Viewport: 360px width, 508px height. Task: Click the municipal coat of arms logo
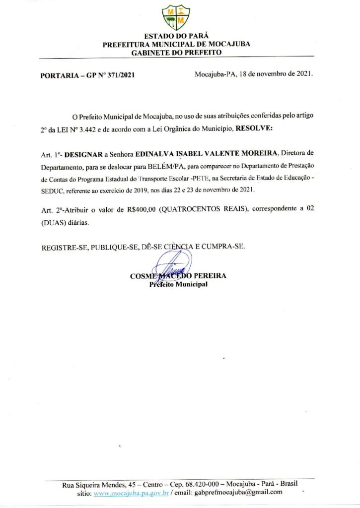[176, 17]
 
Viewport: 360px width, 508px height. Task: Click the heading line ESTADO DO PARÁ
[176, 36]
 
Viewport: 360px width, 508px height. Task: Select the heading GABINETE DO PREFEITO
[176, 52]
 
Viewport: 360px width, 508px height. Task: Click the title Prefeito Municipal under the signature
[178, 285]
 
